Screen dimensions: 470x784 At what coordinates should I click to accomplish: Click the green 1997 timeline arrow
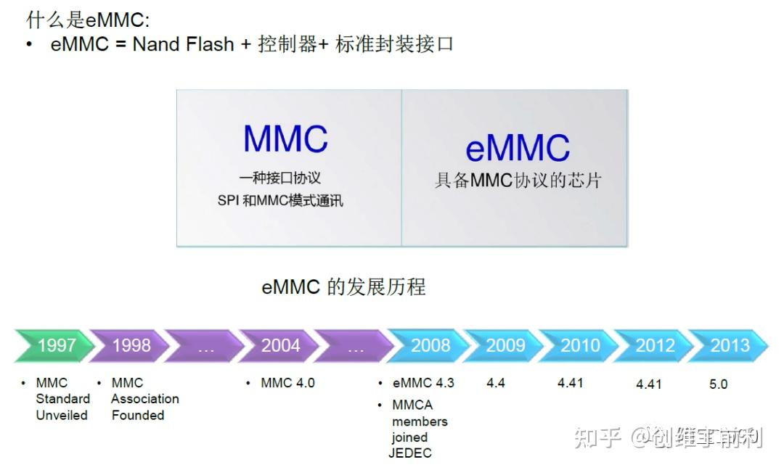click(x=54, y=346)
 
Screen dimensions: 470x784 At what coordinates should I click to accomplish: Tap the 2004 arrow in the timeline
click(x=279, y=346)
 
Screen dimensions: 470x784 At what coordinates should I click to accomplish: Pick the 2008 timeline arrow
click(x=430, y=346)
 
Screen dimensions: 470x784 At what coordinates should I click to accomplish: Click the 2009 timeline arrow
click(x=505, y=346)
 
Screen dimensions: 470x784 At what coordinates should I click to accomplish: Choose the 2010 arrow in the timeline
click(x=579, y=346)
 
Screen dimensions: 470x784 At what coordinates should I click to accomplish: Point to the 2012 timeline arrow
click(x=654, y=346)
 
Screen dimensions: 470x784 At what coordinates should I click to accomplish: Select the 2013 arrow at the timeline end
click(x=728, y=346)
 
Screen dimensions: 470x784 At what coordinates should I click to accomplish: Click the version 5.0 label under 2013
click(x=718, y=384)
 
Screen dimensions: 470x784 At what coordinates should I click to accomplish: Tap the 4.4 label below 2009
click(x=495, y=383)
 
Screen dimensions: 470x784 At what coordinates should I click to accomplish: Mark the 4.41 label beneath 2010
click(x=570, y=383)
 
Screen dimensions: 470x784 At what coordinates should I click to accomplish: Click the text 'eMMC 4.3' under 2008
click(x=423, y=383)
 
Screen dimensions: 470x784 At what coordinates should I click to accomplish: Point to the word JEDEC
click(x=410, y=453)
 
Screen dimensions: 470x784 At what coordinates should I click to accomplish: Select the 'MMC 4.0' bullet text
click(x=287, y=383)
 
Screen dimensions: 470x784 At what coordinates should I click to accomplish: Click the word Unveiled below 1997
click(x=62, y=416)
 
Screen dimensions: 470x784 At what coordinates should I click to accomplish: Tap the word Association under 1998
click(x=144, y=399)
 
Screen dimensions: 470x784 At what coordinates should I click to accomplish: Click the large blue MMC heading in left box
click(x=285, y=139)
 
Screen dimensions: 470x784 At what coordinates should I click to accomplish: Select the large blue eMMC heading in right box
click(x=518, y=148)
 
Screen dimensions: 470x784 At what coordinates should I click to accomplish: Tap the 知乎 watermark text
click(x=597, y=437)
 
